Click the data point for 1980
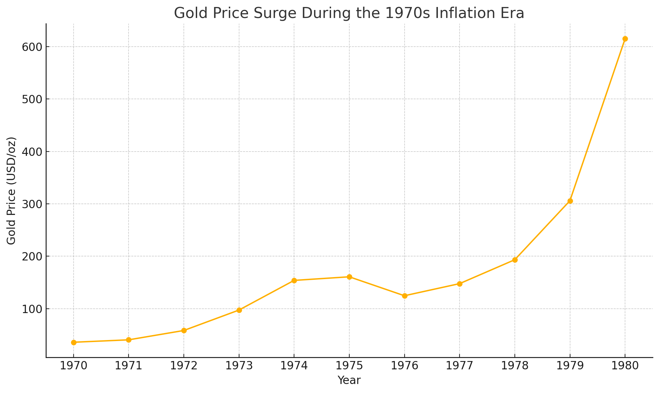[625, 39]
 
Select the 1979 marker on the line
[570, 201]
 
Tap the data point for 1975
[349, 277]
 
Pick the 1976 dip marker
[405, 296]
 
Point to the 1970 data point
[74, 342]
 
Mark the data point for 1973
[239, 310]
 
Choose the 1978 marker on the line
[515, 260]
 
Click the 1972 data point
[184, 331]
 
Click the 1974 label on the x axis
[294, 366]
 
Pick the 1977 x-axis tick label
[460, 366]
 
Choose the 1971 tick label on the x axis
[129, 366]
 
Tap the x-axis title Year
[349, 380]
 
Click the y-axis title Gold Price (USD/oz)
[12, 191]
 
